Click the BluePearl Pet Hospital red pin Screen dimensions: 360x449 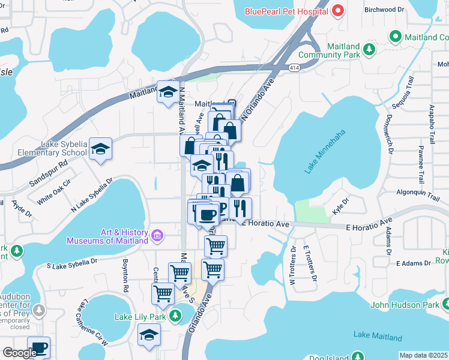click(338, 11)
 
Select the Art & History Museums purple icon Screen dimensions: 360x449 click(158, 235)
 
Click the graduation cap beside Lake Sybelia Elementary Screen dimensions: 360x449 click(100, 150)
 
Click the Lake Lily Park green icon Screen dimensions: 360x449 click(176, 316)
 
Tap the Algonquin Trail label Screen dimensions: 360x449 click(419, 192)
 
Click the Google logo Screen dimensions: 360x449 click(19, 353)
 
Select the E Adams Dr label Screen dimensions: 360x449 click(414, 263)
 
